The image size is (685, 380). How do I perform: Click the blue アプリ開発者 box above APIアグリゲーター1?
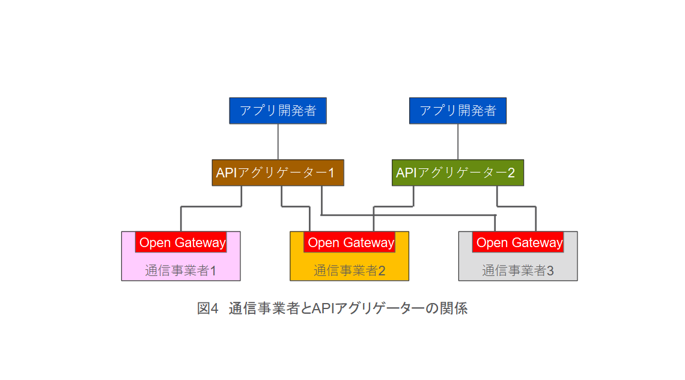(x=278, y=111)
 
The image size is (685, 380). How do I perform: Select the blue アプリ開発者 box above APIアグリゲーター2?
(x=457, y=111)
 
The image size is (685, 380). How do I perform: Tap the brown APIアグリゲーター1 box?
(x=278, y=173)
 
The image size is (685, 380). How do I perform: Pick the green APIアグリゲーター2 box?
(x=457, y=173)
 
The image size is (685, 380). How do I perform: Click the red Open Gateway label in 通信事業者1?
(x=181, y=242)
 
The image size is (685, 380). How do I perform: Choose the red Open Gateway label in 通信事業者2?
(x=349, y=242)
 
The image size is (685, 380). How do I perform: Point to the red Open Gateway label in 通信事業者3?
(x=518, y=242)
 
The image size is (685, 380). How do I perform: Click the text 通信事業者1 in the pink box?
(x=180, y=271)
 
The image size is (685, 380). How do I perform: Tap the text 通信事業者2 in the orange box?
(x=349, y=271)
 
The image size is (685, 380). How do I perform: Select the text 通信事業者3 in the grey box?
(x=517, y=271)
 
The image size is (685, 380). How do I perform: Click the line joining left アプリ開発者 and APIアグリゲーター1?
(x=278, y=141)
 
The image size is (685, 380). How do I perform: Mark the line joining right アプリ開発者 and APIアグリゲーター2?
(x=458, y=141)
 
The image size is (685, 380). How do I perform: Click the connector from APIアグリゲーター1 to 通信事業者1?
(x=210, y=207)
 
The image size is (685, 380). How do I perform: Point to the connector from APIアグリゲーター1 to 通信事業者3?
(x=409, y=215)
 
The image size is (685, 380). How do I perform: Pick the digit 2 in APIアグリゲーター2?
(x=511, y=173)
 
